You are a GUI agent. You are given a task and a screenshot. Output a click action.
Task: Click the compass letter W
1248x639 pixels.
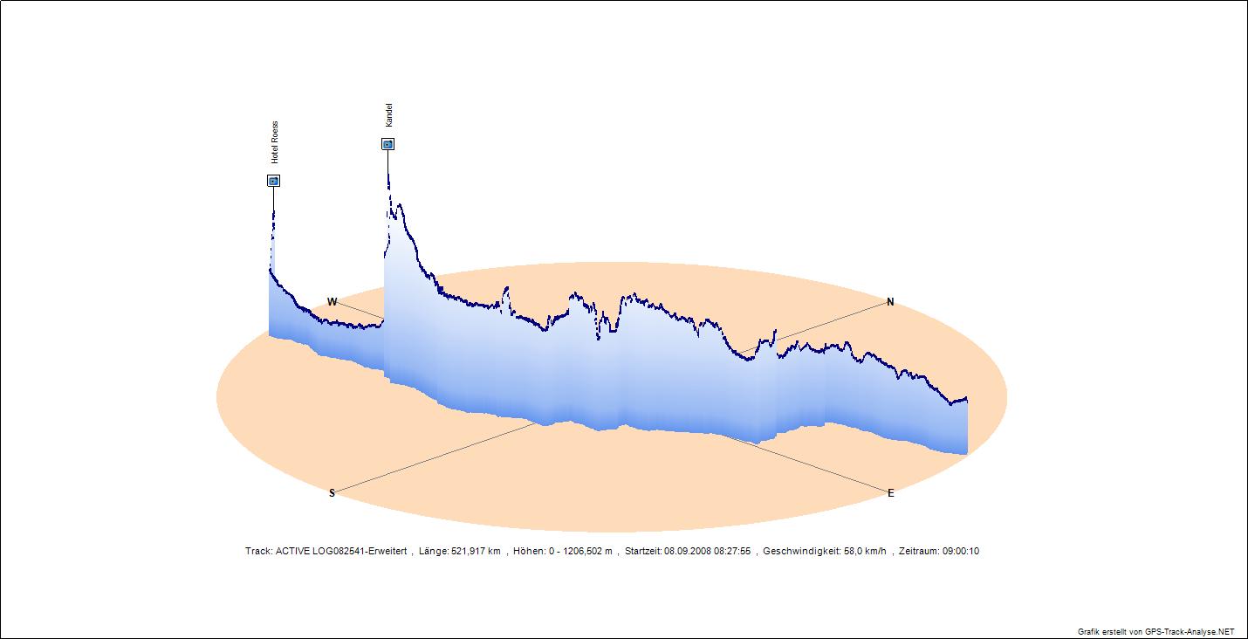point(332,302)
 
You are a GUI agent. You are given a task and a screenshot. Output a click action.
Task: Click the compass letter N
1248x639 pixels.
point(890,302)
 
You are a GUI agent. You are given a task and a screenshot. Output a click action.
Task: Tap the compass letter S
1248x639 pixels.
point(332,493)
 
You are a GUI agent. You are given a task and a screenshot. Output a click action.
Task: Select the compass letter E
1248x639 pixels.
point(890,493)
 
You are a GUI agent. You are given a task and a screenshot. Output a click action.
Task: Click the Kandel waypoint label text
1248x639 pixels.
point(389,114)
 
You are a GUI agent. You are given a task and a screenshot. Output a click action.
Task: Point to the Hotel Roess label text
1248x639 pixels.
point(274,143)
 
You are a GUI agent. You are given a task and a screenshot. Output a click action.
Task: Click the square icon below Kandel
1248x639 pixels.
point(387,144)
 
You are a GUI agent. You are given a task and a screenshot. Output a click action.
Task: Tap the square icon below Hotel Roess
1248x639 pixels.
point(273,181)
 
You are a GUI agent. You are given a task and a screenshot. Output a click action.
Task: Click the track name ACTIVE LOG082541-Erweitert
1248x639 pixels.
point(340,552)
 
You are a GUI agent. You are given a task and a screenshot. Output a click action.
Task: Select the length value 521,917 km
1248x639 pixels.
point(476,552)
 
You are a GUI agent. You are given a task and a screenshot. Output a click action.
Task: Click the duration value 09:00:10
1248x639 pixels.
point(961,552)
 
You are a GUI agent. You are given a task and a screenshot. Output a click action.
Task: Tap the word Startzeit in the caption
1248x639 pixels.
point(642,552)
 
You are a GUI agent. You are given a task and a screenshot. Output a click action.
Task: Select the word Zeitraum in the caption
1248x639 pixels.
point(918,552)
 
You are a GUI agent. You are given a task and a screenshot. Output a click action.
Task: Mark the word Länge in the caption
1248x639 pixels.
point(433,552)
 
